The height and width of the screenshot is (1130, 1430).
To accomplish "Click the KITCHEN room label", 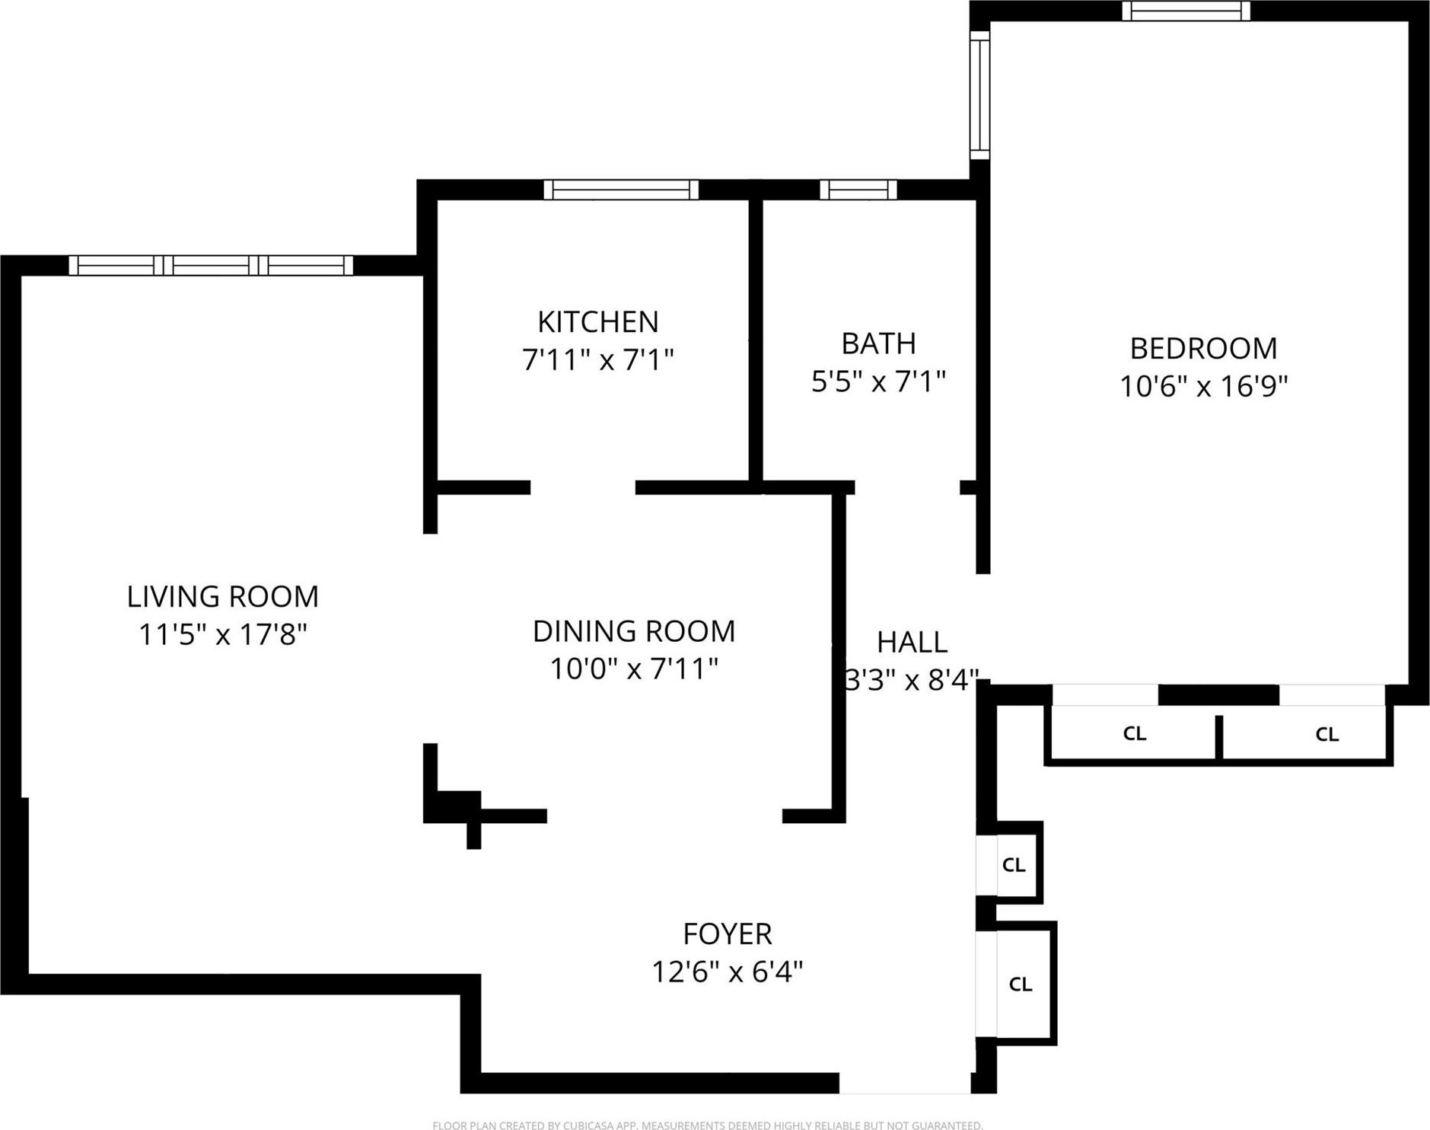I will pos(597,322).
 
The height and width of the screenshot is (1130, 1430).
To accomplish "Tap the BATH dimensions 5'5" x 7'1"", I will pos(878,381).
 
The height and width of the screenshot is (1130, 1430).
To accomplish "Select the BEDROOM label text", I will pos(1202,349).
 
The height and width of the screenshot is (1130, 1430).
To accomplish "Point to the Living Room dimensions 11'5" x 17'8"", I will pos(222,634).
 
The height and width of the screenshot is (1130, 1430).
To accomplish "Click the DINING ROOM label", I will pos(633,631).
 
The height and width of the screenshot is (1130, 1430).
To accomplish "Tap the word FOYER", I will pos(727,934).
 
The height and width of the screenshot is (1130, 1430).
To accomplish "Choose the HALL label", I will pos(912,643).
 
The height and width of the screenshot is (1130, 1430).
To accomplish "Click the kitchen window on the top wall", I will pos(621,190).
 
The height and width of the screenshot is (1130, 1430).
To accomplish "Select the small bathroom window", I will pos(858,190).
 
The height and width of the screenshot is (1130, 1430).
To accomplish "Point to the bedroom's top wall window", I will pos(1186,11).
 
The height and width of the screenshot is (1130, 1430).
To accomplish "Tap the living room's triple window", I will pos(211,265).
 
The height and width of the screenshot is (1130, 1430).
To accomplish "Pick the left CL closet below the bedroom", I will pos(1133,733).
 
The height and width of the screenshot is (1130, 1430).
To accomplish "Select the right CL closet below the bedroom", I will pos(1326,734).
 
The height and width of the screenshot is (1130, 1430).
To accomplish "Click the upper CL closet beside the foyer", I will pos(1014,865).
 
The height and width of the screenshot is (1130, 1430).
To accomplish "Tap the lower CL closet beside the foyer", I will pos(1020,984).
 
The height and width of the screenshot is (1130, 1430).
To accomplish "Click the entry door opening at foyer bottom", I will pos(904,1083).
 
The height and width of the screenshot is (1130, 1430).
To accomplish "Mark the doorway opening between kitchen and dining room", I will pos(582,488).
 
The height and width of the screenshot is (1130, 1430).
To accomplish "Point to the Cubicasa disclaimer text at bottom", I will pos(707,1125).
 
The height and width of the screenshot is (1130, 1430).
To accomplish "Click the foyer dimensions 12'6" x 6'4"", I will pos(727,972).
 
